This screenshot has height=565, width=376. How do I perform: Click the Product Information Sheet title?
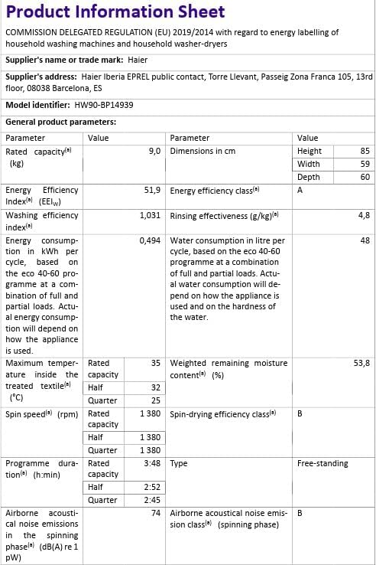point(115,12)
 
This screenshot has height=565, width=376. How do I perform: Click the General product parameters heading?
point(60,122)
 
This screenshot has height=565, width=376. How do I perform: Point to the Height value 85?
point(365,152)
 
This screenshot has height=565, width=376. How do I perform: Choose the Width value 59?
point(365,164)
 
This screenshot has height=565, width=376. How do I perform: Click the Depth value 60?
point(365,177)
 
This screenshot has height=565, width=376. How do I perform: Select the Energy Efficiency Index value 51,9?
point(151,190)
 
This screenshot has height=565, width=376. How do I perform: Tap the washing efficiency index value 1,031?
point(150,216)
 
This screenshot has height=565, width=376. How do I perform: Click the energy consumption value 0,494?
point(150,240)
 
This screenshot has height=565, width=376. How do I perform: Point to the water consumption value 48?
point(365,240)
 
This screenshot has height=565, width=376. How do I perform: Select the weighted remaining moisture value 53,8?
point(361,363)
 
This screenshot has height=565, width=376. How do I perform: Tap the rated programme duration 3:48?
point(152,463)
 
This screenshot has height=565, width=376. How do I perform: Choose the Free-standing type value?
point(322,463)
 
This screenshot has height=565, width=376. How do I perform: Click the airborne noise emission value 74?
point(155,513)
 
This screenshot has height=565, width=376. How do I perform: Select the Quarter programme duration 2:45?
point(152,500)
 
